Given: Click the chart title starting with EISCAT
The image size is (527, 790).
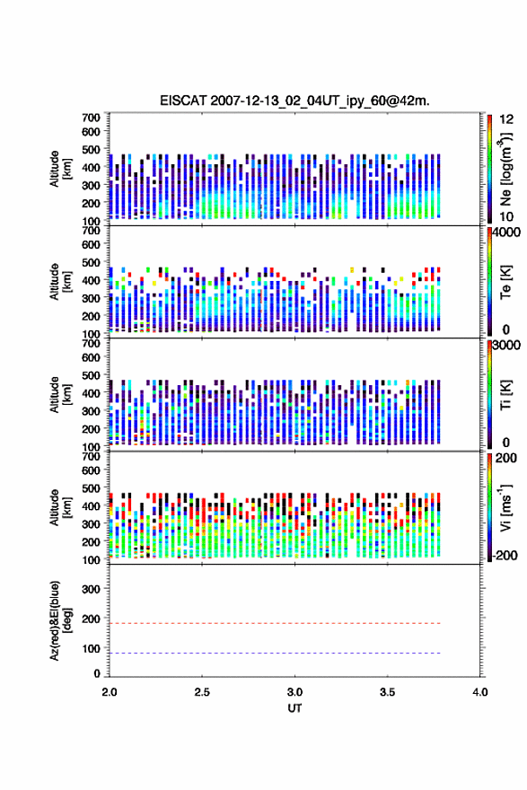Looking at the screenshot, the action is (x=294, y=101).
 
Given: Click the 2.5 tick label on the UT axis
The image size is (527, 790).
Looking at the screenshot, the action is (x=202, y=692).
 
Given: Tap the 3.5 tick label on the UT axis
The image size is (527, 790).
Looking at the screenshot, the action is (x=388, y=692).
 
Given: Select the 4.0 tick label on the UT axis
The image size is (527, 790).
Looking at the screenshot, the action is (x=480, y=692).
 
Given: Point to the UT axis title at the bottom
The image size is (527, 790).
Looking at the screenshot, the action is (x=294, y=708).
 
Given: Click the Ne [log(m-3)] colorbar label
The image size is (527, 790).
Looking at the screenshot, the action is (x=505, y=170).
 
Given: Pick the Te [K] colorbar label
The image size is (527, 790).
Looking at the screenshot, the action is (x=505, y=282).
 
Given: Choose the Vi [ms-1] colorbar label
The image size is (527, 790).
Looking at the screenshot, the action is (x=505, y=507).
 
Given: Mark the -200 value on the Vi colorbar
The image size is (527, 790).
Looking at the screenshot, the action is (x=505, y=555).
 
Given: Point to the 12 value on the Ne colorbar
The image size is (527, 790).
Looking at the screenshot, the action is (x=507, y=119).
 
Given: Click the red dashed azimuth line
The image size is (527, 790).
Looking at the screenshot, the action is (x=275, y=623).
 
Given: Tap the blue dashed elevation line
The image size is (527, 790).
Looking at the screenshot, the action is (x=275, y=653).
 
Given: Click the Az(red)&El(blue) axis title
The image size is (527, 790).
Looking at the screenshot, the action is (x=60, y=620).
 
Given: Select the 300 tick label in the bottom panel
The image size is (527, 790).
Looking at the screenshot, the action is (x=92, y=589).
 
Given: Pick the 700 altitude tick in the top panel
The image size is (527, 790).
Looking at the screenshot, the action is (x=92, y=118).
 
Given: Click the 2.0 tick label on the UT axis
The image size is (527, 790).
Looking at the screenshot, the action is (x=110, y=692).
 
